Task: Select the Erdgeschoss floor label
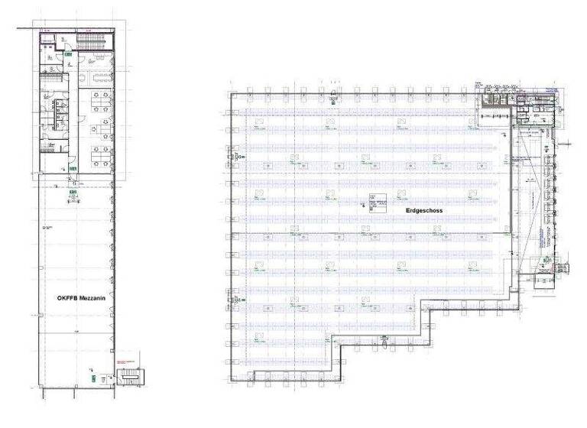(x=424, y=209)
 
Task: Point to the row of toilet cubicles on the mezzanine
(x=54, y=115)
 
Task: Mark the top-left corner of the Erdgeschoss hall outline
(x=230, y=93)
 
